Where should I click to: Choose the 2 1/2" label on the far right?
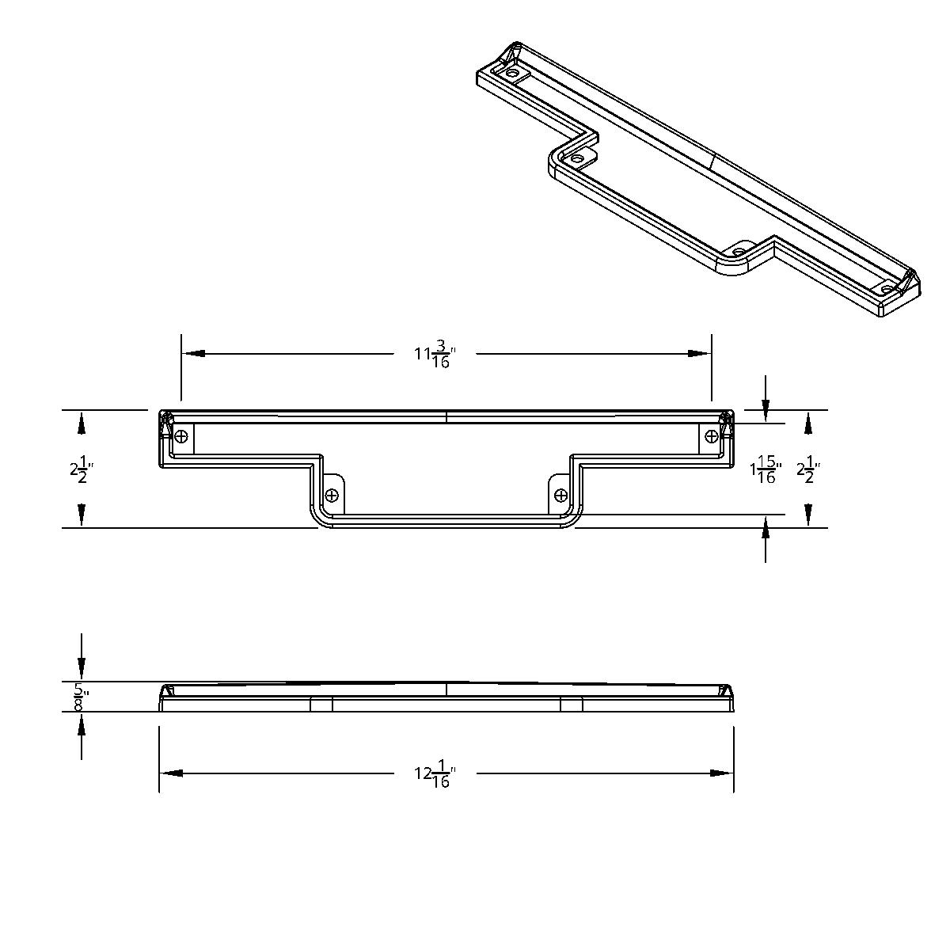807,470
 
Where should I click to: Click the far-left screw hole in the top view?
182,435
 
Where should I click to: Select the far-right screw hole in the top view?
711,435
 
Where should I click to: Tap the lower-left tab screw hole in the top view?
332,495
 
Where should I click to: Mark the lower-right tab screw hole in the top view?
560,495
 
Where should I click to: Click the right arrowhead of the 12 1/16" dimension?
722,773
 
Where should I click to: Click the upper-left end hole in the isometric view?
513,74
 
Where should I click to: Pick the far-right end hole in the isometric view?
887,289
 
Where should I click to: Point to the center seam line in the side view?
446,689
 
